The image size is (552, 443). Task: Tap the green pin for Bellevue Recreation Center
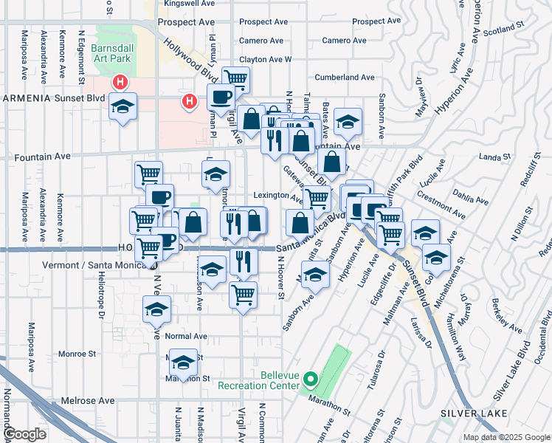click(311, 381)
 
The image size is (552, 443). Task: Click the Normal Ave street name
click(186, 336)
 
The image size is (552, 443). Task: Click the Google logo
click(24, 434)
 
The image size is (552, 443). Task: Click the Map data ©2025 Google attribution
click(506, 437)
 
